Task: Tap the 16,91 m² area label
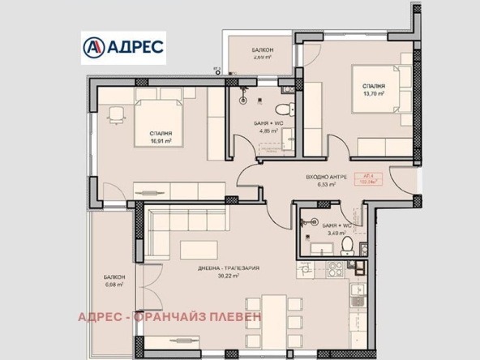tap(160, 139)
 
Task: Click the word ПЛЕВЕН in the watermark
tap(235, 316)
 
